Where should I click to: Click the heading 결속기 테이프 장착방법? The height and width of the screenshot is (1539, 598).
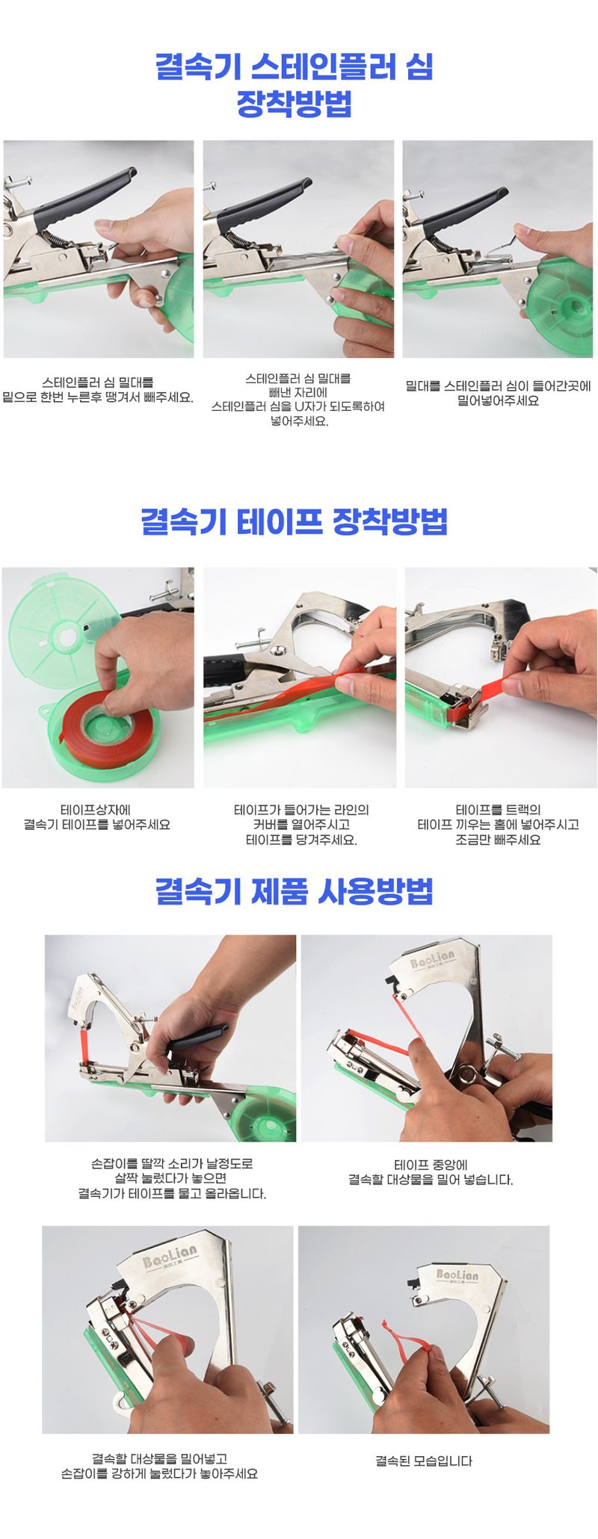[x=294, y=521]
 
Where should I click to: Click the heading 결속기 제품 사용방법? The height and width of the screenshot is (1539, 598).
[x=294, y=891]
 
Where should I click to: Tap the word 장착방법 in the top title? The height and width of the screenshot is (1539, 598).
[x=294, y=104]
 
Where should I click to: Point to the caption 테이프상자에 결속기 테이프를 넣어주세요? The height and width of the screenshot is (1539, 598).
[x=97, y=817]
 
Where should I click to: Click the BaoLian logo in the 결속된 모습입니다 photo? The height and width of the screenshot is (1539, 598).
[x=457, y=1275]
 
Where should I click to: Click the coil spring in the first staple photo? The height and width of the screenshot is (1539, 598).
[x=56, y=238]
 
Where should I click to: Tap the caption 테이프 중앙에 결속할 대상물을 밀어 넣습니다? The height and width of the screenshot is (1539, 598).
[x=431, y=1173]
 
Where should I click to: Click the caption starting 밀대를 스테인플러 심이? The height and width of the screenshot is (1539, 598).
[x=498, y=393]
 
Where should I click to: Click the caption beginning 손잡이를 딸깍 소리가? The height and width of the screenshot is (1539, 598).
[x=172, y=1178]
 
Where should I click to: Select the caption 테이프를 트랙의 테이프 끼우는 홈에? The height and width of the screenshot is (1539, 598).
[x=498, y=825]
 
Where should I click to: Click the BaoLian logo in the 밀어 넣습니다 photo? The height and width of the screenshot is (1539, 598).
[x=431, y=960]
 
